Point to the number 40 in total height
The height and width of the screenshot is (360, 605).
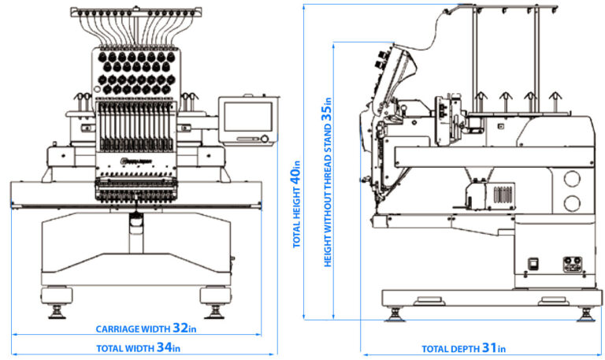click(x=297, y=173)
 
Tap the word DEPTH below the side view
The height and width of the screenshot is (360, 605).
click(x=463, y=349)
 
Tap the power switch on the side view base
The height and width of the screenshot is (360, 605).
click(x=533, y=265)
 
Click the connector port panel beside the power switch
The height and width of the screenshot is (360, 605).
click(x=569, y=265)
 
